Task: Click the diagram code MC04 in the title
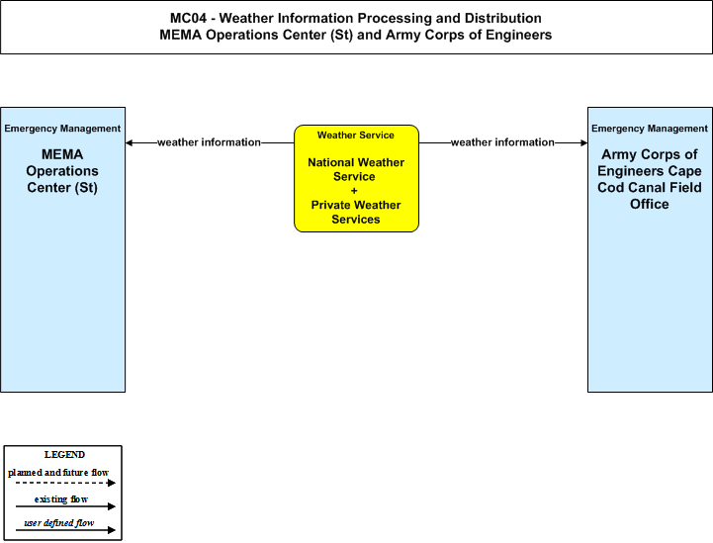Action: tap(188, 18)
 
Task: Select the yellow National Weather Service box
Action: tap(356, 178)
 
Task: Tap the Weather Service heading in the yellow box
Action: tap(356, 136)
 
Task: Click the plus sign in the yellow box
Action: tap(354, 191)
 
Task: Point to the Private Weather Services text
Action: tap(356, 212)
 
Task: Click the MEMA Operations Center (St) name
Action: tap(62, 171)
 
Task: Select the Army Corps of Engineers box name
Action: tap(650, 179)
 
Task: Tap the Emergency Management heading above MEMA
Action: tap(62, 129)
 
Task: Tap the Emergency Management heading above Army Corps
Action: tap(650, 129)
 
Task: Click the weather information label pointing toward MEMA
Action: tap(210, 142)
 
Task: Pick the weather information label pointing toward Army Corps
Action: tap(502, 142)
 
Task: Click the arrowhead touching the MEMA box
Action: tap(129, 142)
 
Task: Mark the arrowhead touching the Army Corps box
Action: tap(583, 142)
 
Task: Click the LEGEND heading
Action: tap(64, 455)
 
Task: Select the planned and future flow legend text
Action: tap(58, 473)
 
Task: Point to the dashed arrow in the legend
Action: tap(65, 483)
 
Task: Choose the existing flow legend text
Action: tap(61, 499)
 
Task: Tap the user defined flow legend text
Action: tap(59, 523)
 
